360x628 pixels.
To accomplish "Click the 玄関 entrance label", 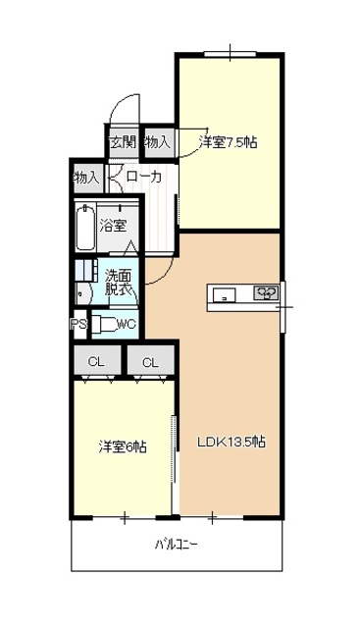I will point(122,142).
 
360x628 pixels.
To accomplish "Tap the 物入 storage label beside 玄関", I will point(157,142).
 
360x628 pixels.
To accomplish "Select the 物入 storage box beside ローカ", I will point(86,178).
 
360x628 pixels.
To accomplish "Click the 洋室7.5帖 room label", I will point(229,142).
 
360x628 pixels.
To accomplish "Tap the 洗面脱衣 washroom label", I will point(119,283).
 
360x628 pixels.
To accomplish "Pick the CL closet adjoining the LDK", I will point(150,362).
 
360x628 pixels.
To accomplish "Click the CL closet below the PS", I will point(96,362).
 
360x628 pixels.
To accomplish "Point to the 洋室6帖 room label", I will point(122,446).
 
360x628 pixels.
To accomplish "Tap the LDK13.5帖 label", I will point(231,442).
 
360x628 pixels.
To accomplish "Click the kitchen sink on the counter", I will point(224,292).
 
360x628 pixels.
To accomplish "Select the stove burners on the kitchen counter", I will point(266,292).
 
